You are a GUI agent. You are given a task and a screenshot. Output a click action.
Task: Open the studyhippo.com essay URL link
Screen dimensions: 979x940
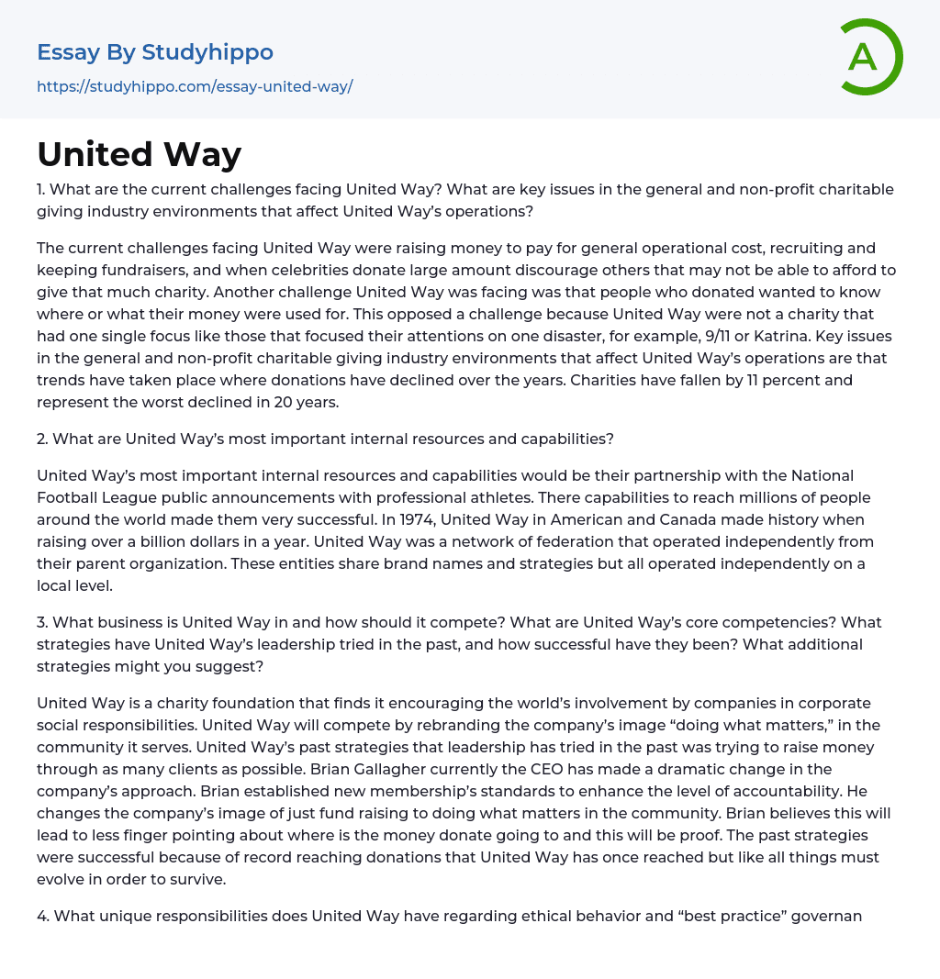click(x=195, y=86)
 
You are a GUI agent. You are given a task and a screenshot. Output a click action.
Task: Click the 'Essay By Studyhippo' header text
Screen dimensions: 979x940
click(x=155, y=52)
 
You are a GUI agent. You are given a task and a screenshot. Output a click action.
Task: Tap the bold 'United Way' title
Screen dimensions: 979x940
click(x=139, y=154)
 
